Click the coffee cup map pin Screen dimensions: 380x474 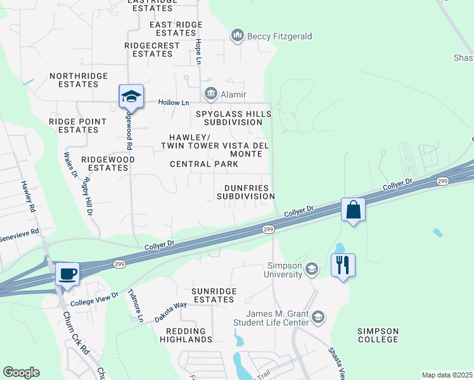[x=66, y=274]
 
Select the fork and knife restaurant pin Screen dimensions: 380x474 [x=343, y=265]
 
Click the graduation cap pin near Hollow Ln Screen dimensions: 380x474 [x=131, y=96]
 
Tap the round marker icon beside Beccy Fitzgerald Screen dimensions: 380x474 [x=238, y=36]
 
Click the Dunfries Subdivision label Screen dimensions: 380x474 [x=246, y=193]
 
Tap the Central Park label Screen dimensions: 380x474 [x=204, y=164]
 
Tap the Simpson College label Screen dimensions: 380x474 [x=378, y=335]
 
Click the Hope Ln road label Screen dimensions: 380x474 [x=198, y=51]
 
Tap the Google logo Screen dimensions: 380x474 [x=21, y=372]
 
